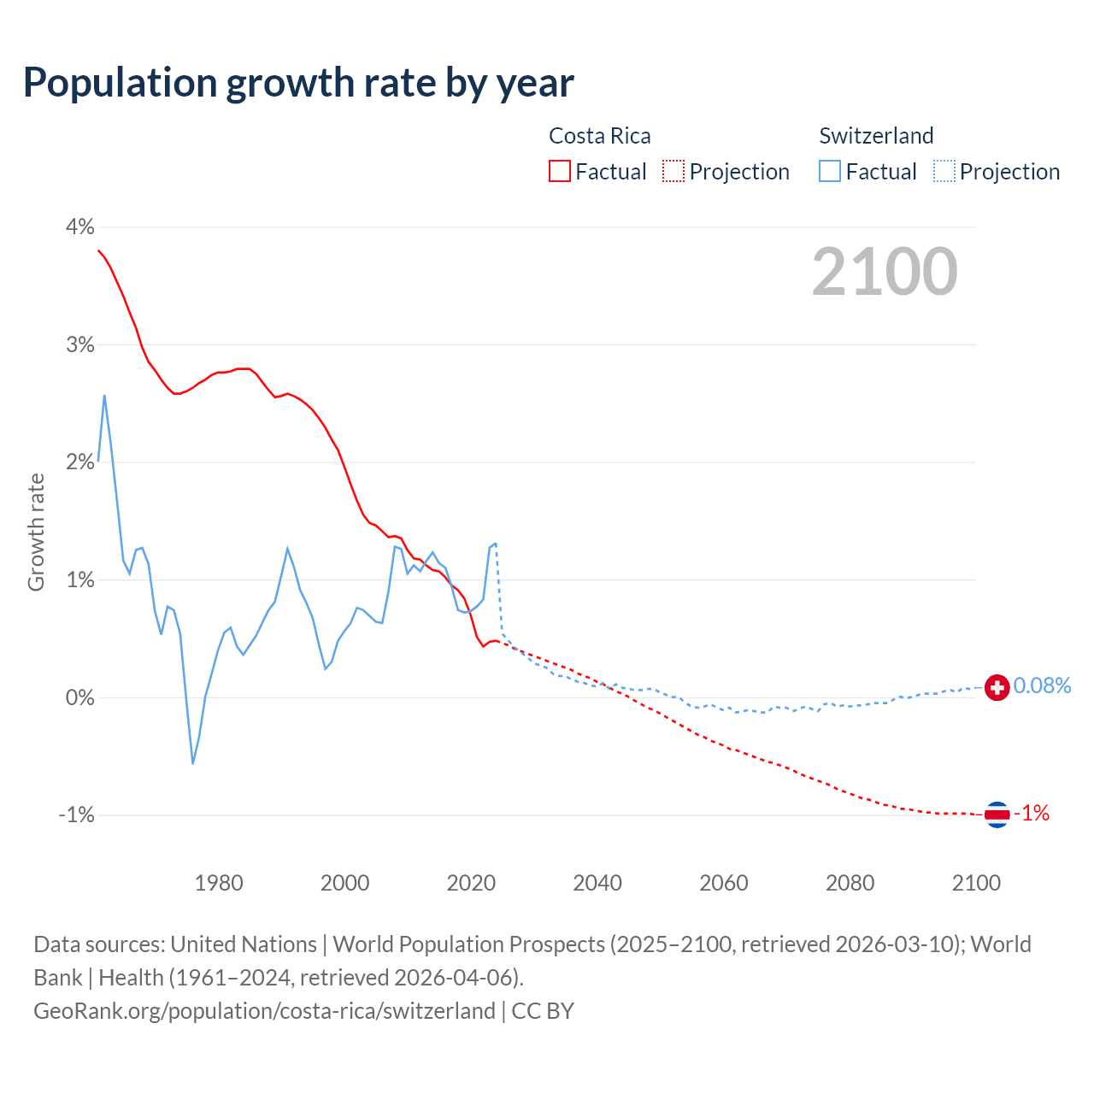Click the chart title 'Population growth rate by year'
click(298, 83)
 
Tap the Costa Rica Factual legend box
click(559, 171)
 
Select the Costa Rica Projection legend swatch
click(673, 171)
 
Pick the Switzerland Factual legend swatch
click(829, 171)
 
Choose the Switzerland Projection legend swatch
click(944, 171)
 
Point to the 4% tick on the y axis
click(79, 226)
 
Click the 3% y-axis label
click(79, 344)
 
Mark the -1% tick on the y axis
click(76, 815)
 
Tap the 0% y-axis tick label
click(79, 697)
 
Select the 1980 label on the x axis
click(219, 883)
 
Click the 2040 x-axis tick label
click(597, 883)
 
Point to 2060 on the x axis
click(724, 883)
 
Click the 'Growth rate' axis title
click(36, 532)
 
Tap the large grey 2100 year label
click(885, 272)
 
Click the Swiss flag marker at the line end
click(997, 686)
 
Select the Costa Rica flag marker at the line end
click(997, 815)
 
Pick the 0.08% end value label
click(1042, 685)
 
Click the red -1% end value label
click(1032, 813)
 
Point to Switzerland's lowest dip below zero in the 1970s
click(193, 762)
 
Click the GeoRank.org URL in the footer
click(264, 1010)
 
